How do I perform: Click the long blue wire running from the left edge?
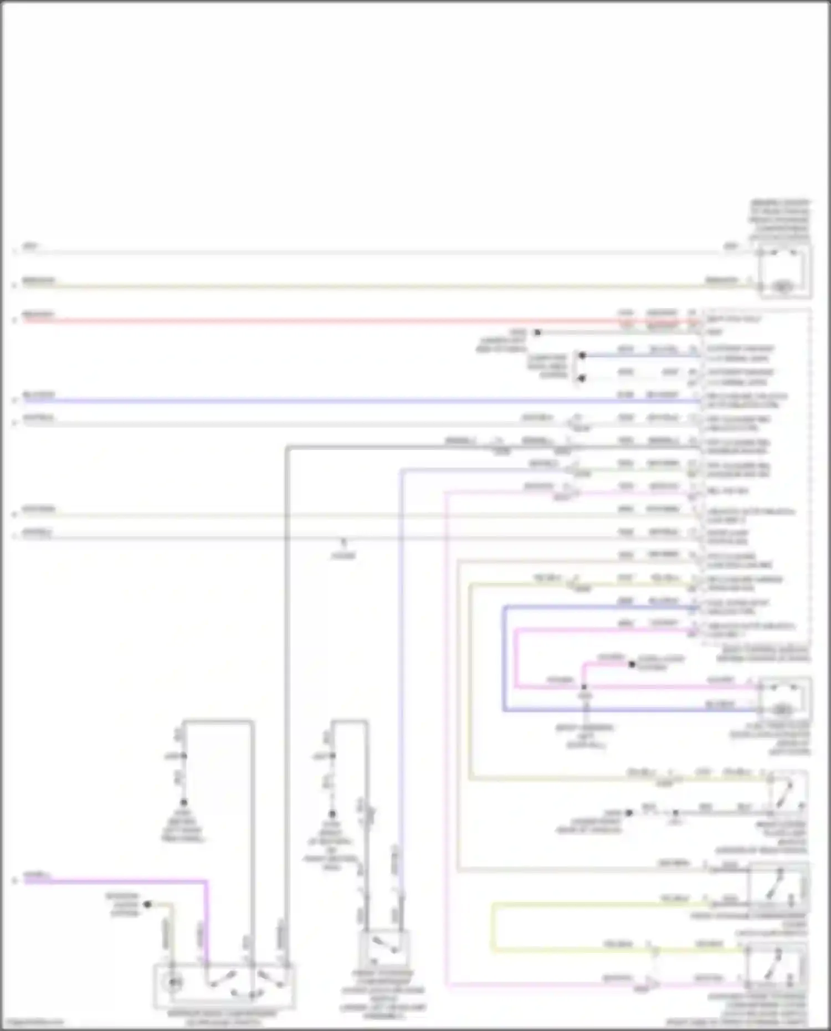(x=332, y=400)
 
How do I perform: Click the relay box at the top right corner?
(x=785, y=271)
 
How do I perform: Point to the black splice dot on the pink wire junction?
(x=583, y=688)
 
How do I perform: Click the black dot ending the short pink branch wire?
(x=632, y=664)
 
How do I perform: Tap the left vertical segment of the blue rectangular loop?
(x=504, y=659)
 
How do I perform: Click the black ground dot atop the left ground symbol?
(x=183, y=802)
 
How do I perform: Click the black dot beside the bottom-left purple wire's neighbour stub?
(x=147, y=904)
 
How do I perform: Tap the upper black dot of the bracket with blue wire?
(x=582, y=355)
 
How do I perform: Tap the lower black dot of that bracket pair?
(x=582, y=378)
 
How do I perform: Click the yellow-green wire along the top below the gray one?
(x=332, y=286)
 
